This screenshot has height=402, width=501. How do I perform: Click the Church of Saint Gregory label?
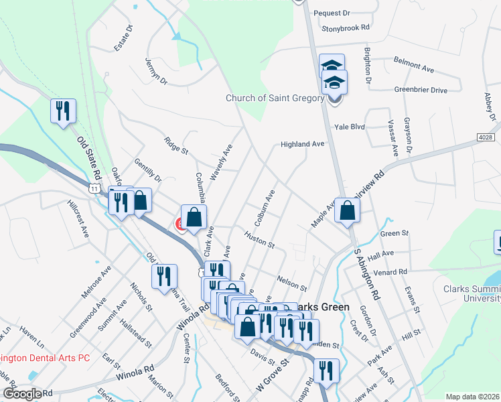[275, 98]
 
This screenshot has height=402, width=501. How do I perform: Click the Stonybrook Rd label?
[346, 28]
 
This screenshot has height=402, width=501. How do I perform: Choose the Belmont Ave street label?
[415, 66]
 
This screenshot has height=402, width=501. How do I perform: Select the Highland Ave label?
[302, 144]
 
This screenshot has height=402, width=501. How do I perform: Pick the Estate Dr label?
[124, 38]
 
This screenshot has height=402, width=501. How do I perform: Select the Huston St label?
[260, 240]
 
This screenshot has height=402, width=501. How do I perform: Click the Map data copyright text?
[472, 397]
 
